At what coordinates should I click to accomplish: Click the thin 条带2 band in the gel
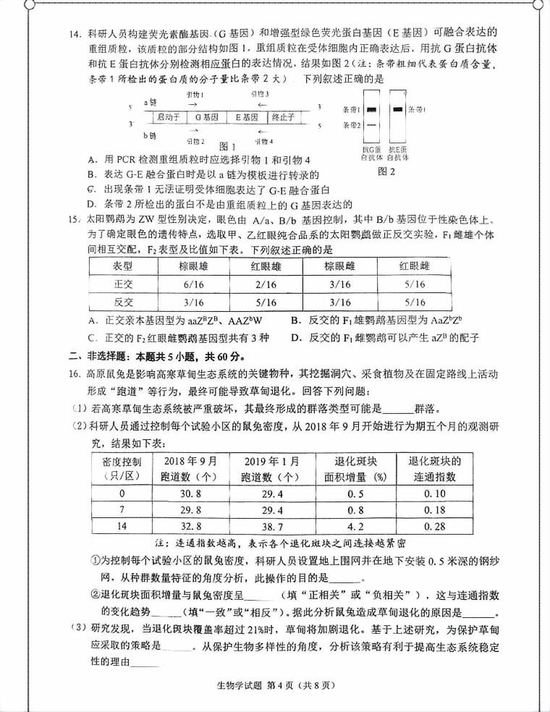[x=371, y=124]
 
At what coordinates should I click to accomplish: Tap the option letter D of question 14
[x=90, y=204]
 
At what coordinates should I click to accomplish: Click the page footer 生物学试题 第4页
[x=273, y=685]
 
